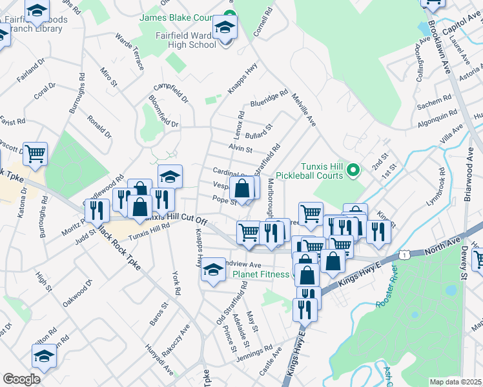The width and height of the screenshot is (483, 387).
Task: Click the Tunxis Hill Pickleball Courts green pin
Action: click(353, 170)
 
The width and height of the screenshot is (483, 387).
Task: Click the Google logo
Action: click(21, 379)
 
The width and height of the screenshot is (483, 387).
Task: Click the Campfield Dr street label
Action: click(170, 94)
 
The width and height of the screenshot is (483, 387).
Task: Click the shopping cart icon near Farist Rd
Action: click(36, 154)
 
